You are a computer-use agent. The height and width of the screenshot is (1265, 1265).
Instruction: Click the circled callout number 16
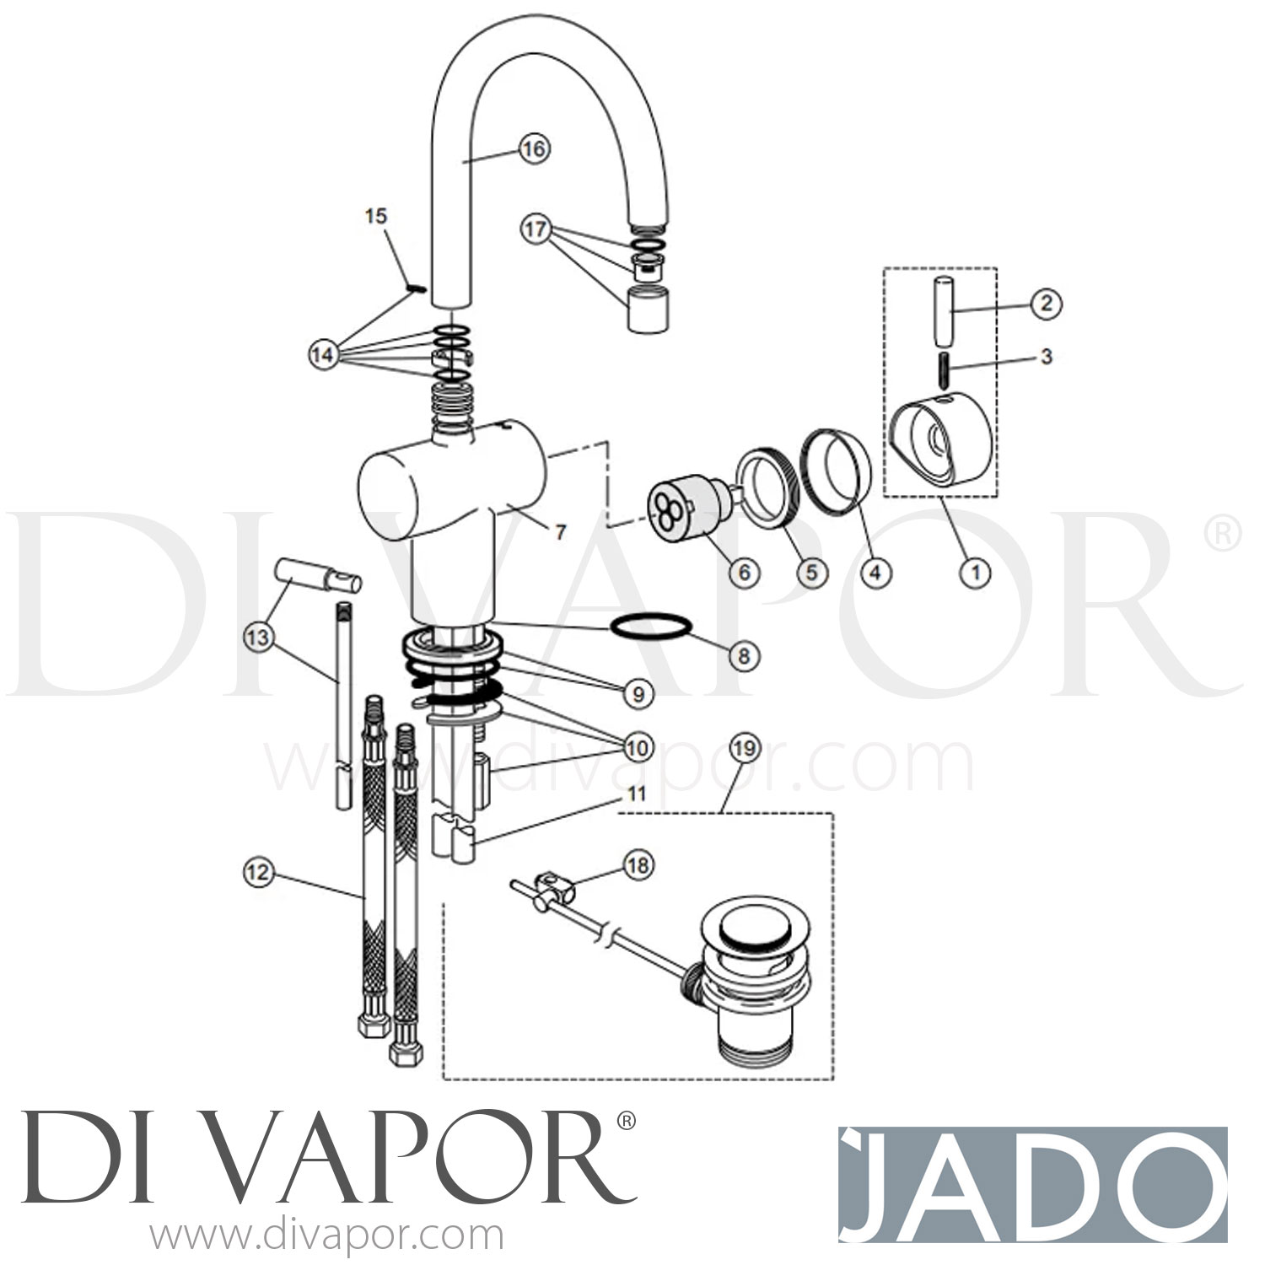[533, 149]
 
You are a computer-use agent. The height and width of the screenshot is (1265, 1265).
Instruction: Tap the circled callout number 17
[536, 229]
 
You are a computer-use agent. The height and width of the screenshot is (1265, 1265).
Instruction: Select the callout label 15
[375, 216]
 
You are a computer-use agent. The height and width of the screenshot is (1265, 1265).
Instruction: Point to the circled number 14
[322, 355]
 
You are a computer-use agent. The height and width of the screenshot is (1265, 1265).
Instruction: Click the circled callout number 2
[1046, 303]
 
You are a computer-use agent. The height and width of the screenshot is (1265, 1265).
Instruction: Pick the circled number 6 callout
[743, 573]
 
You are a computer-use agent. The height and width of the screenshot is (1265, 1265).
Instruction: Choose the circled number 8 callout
[743, 655]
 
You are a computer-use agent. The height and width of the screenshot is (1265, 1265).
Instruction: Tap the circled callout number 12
[258, 871]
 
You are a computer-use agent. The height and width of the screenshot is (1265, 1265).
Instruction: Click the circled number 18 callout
[638, 864]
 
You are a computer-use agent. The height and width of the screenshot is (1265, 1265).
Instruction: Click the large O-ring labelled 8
[650, 628]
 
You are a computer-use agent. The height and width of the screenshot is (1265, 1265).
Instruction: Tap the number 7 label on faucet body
[560, 532]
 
